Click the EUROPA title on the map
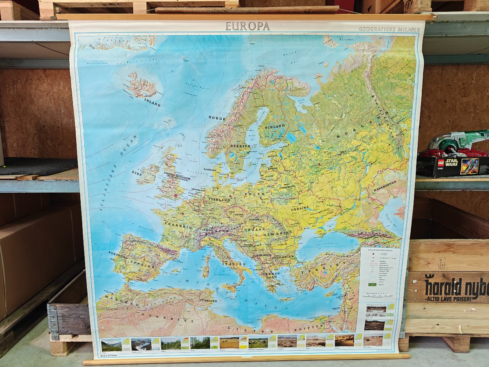click(x=247, y=26)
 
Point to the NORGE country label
click(x=217, y=118)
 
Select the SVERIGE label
click(x=240, y=146)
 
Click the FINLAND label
click(x=275, y=127)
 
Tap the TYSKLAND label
click(x=219, y=200)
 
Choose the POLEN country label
click(x=252, y=195)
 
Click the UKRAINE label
click(x=300, y=208)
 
